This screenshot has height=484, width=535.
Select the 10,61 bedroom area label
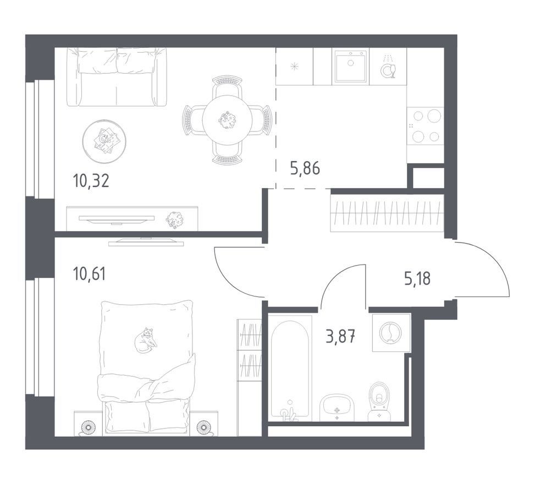(x=90, y=274)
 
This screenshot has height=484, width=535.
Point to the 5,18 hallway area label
(x=417, y=279)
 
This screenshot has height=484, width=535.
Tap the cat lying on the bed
(x=145, y=339)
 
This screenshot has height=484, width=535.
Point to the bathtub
(x=290, y=369)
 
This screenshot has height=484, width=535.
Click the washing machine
(x=391, y=333)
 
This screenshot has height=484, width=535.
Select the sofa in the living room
(x=117, y=77)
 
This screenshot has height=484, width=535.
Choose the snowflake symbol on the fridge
(x=294, y=66)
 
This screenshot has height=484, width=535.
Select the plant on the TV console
(x=174, y=219)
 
